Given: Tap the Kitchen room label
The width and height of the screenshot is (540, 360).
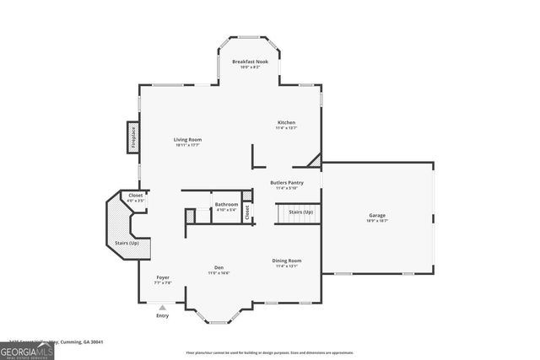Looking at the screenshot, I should click(x=287, y=122).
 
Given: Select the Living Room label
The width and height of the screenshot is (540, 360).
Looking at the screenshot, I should click(x=187, y=139).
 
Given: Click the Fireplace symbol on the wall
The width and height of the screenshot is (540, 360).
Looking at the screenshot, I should click(x=132, y=136).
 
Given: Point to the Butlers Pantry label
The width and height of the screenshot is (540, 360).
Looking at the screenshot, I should click(x=287, y=182).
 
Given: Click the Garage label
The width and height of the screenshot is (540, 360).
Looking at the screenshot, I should click(x=376, y=215).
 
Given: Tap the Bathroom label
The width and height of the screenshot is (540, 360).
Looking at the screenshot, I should click(x=225, y=204).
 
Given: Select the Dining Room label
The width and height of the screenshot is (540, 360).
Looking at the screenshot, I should click(x=287, y=261).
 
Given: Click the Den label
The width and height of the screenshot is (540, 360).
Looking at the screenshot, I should click(x=219, y=267).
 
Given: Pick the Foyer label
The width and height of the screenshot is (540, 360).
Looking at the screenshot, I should click(x=163, y=277).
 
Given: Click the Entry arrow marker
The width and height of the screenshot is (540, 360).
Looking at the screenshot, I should click(x=163, y=309).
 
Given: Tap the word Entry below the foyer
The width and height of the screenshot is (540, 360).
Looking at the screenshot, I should click(x=163, y=316).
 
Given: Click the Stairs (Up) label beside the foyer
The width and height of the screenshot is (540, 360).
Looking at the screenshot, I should click(x=127, y=243).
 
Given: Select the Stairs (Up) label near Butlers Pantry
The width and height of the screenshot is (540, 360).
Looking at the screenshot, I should click(x=301, y=212).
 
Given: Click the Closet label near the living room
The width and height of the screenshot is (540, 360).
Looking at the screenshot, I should click(x=136, y=196).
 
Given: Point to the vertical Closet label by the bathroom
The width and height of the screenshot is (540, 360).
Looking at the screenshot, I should click(x=247, y=212).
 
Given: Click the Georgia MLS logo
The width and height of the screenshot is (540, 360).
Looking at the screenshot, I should click(x=27, y=348).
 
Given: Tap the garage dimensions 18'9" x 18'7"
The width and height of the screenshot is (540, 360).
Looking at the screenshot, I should click(x=376, y=221).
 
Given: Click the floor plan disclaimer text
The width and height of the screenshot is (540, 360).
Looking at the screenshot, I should click(x=270, y=352).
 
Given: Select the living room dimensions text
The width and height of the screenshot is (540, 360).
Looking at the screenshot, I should click(x=187, y=145).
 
